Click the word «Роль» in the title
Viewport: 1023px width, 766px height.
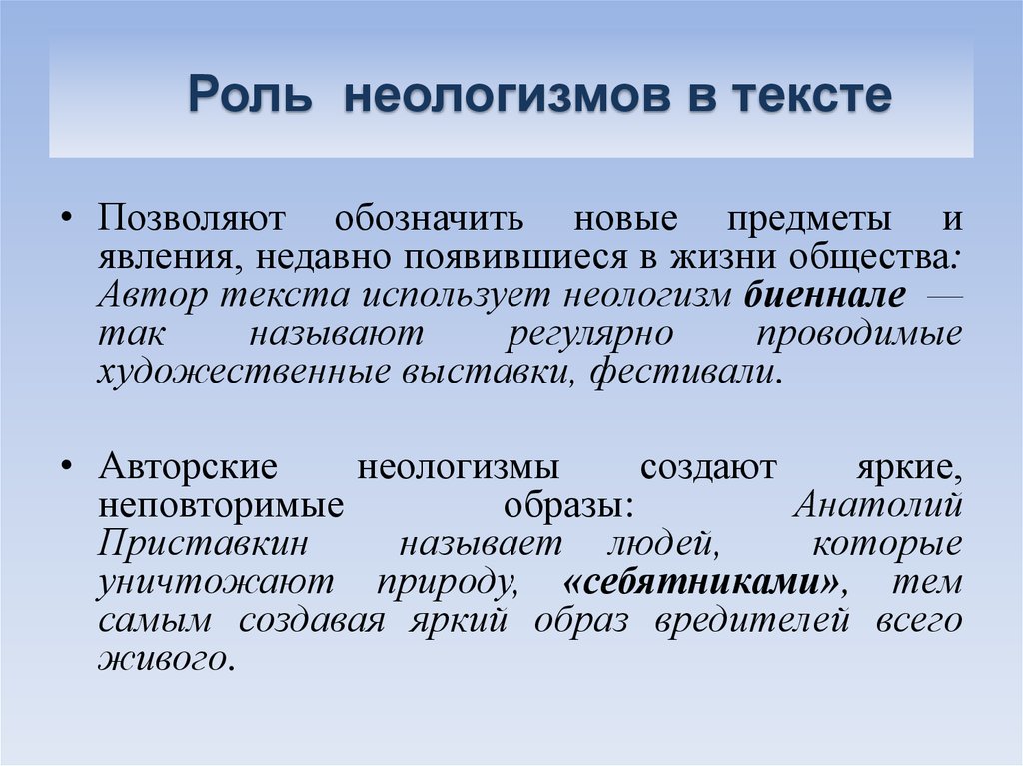(x=249, y=96)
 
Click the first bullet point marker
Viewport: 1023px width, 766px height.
(x=65, y=217)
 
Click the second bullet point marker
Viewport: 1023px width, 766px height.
(x=65, y=465)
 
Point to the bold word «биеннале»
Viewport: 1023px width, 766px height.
(x=824, y=294)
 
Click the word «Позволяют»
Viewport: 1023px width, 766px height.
(x=191, y=218)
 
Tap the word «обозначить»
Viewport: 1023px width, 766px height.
(x=430, y=218)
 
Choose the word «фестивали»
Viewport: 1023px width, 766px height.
(x=685, y=371)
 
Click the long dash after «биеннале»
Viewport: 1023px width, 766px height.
(x=944, y=297)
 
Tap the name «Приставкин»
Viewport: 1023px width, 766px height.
(x=203, y=543)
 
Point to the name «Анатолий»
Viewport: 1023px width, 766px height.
(x=878, y=504)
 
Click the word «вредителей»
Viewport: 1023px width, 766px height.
(x=752, y=620)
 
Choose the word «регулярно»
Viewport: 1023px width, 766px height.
(x=589, y=335)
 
